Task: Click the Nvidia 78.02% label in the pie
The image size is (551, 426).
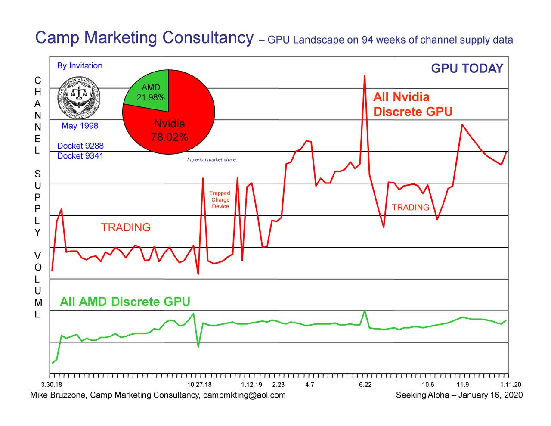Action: [169, 131]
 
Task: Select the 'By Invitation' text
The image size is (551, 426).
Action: [80, 66]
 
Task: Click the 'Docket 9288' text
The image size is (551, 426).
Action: [80, 146]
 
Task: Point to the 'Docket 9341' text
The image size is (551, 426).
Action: [80, 156]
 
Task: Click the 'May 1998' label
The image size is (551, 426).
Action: [80, 126]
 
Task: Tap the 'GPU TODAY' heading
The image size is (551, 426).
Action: [467, 69]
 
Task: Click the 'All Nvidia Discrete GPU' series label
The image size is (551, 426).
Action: [412, 104]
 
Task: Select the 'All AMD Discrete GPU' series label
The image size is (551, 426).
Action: [125, 302]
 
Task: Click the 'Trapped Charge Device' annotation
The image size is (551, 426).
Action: [220, 200]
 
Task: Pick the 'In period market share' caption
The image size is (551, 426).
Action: [211, 160]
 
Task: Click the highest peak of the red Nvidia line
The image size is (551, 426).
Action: [365, 76]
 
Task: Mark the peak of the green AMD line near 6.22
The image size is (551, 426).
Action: [365, 311]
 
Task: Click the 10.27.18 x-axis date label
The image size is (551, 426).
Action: [200, 385]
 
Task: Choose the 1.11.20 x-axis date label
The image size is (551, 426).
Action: [511, 385]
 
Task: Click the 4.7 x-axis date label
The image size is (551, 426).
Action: [309, 385]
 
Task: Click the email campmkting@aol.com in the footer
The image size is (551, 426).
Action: [244, 395]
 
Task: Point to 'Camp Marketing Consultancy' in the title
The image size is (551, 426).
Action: [144, 38]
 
